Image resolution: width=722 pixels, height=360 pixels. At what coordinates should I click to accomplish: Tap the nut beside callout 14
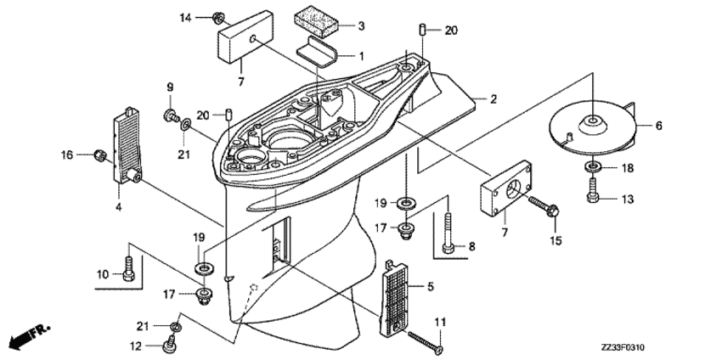217,17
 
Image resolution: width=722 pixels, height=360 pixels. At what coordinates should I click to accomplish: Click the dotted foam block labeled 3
316,21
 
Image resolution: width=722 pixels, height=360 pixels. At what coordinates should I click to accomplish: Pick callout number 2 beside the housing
493,99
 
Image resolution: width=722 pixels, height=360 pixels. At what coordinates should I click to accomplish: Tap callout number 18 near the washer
628,169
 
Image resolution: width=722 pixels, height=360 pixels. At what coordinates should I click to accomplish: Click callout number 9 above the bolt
169,87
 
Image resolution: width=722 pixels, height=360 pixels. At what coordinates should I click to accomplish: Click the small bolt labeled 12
168,343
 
